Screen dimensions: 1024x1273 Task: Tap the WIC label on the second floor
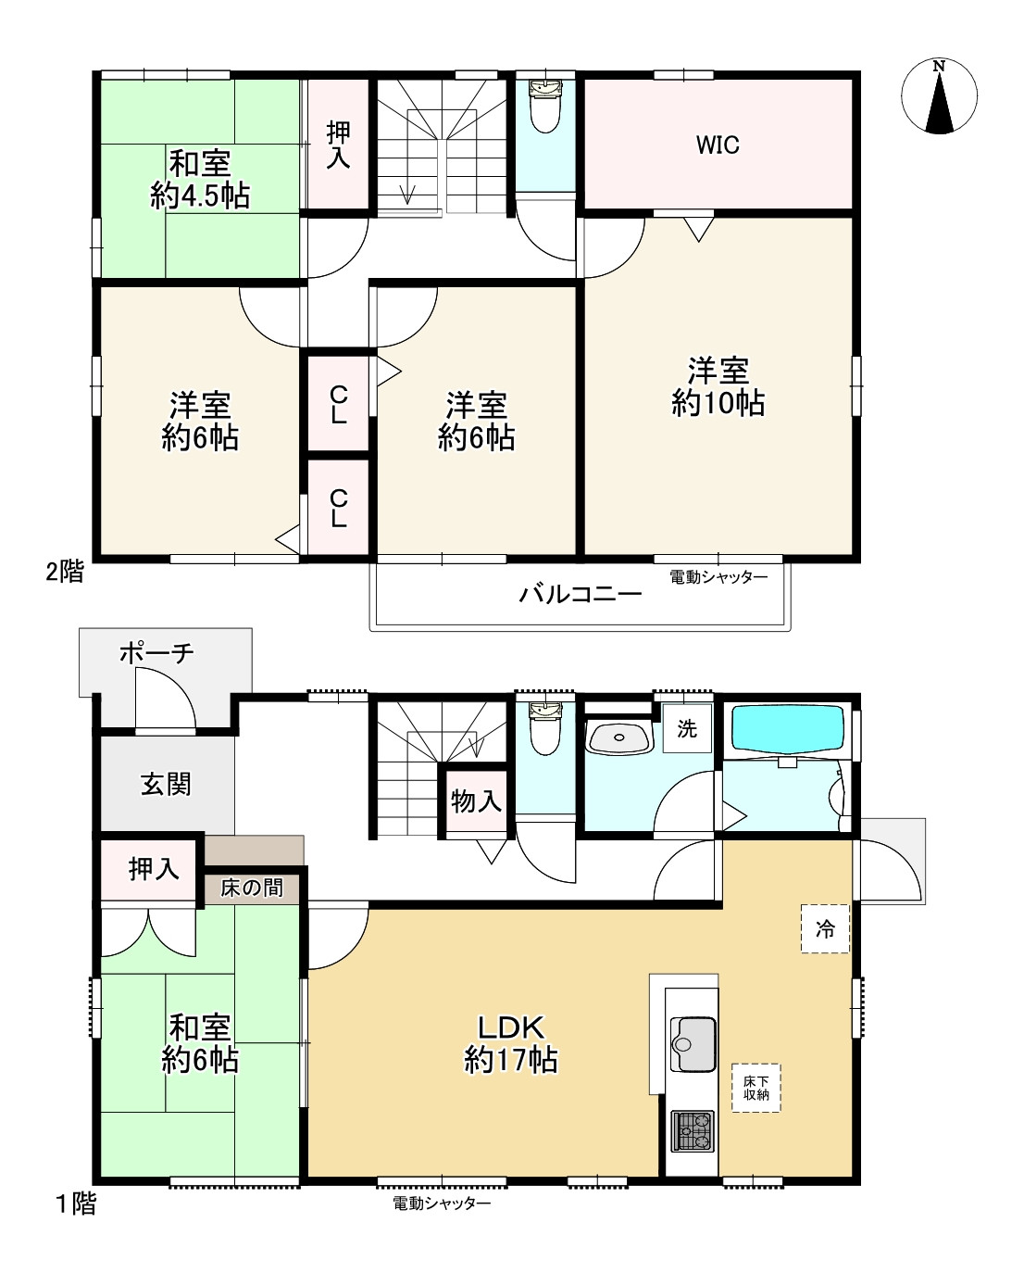click(718, 145)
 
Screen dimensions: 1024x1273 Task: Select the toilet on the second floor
click(545, 107)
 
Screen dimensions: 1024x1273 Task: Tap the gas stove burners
click(693, 1131)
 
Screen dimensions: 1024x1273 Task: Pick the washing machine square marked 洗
click(687, 728)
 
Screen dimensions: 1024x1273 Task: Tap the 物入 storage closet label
click(476, 801)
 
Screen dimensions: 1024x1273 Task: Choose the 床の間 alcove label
click(252, 888)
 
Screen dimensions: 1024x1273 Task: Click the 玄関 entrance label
click(166, 785)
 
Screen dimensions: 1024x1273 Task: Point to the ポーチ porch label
click(156, 653)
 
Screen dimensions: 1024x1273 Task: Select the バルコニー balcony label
click(580, 593)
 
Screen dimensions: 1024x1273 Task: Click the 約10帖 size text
click(718, 403)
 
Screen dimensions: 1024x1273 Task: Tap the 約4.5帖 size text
click(200, 195)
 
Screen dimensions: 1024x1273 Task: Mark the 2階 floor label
click(65, 572)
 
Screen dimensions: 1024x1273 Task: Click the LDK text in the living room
click(511, 1027)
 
